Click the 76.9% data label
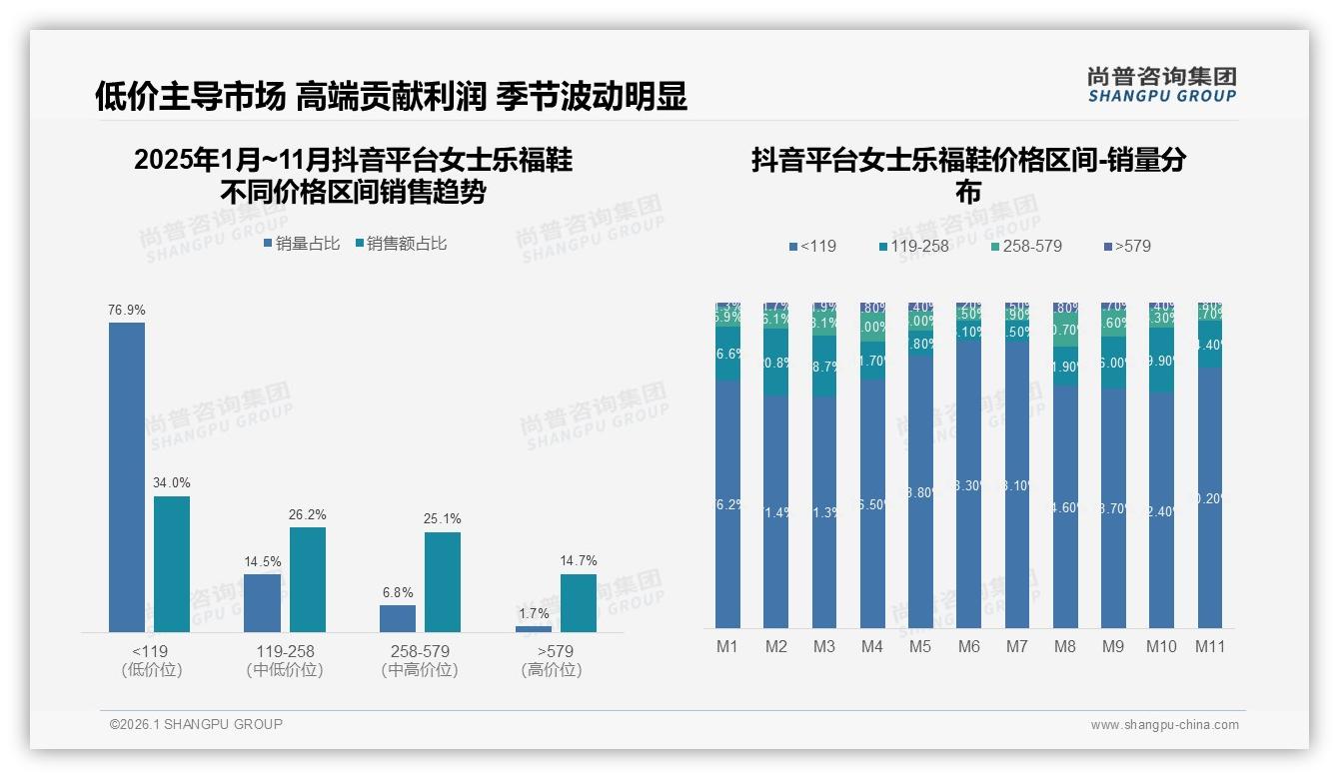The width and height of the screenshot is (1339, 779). pyautogui.click(x=127, y=311)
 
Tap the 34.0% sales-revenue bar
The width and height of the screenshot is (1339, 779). pyautogui.click(x=172, y=563)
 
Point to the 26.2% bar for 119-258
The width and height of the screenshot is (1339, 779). pyautogui.click(x=308, y=579)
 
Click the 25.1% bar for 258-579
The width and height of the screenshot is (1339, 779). pyautogui.click(x=443, y=581)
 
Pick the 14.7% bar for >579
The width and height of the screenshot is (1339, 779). pyautogui.click(x=578, y=602)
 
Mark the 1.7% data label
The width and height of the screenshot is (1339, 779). pyautogui.click(x=535, y=613)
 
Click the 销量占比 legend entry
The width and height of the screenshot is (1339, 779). pyautogui.click(x=302, y=244)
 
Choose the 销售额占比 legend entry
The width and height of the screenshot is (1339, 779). pyautogui.click(x=401, y=244)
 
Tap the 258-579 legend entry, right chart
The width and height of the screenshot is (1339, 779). pyautogui.click(x=1026, y=247)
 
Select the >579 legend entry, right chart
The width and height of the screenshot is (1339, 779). pyautogui.click(x=1127, y=247)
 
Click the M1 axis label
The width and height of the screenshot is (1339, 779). pyautogui.click(x=727, y=647)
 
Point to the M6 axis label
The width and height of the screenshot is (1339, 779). pyautogui.click(x=968, y=647)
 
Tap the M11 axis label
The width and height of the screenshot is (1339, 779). pyautogui.click(x=1210, y=647)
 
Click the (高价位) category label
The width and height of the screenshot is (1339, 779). pyautogui.click(x=552, y=670)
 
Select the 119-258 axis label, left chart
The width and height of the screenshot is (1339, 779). pyautogui.click(x=285, y=651)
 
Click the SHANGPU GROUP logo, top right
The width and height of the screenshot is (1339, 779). pyautogui.click(x=1161, y=85)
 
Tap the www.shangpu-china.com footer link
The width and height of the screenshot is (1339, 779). pyautogui.click(x=1164, y=725)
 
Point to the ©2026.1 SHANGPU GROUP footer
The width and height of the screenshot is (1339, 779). pyautogui.click(x=196, y=724)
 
